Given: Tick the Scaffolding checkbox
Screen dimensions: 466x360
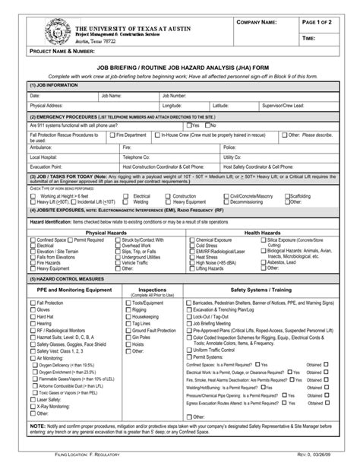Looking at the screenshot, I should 284,195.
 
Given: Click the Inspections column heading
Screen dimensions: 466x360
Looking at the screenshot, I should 153,290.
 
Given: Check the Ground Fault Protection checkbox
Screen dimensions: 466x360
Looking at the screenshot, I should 128,331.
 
